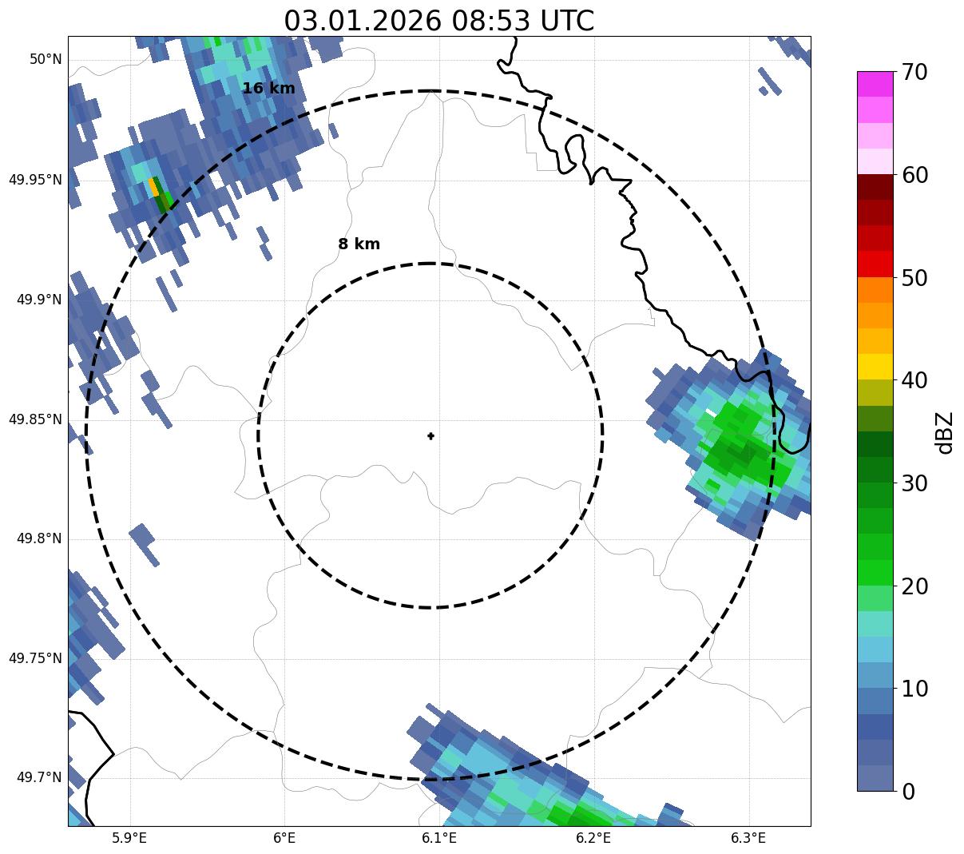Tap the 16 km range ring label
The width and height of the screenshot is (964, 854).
pos(268,89)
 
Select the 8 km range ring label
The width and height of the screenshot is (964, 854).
pos(359,244)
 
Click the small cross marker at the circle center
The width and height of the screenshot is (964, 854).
pos(431,435)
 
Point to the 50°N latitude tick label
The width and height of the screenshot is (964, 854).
pos(46,59)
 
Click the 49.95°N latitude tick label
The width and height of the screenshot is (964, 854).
pos(35,180)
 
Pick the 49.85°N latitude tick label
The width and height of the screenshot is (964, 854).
pos(35,419)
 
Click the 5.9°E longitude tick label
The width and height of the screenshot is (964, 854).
pos(129,838)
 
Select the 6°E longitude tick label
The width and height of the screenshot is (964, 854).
pos(284,838)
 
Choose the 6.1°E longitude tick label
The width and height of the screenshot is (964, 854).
pos(438,838)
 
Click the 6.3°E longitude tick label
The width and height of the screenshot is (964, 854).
pos(748,838)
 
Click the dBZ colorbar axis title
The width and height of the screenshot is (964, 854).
pos(946,432)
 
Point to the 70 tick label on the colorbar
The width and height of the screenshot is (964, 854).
pos(915,72)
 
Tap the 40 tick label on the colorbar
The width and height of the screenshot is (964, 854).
pos(915,380)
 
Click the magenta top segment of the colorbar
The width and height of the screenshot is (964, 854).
pos(875,84)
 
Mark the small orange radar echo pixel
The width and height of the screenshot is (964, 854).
pos(153,188)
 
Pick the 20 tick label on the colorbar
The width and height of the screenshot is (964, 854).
pos(915,586)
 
